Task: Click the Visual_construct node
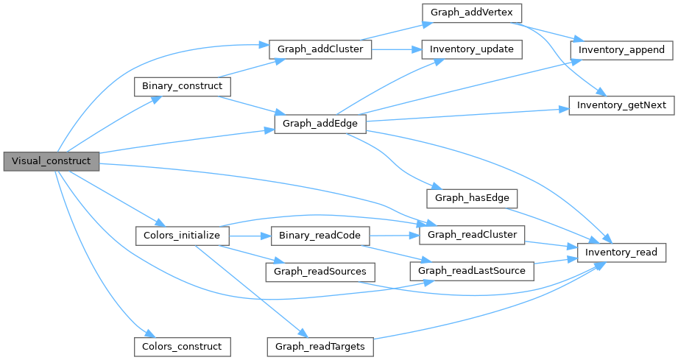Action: click(x=51, y=160)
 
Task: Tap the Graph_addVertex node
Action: click(x=471, y=13)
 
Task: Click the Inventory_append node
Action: click(x=621, y=49)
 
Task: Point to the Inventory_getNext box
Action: click(x=621, y=105)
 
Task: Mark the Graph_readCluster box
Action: click(x=472, y=235)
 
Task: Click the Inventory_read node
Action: click(x=621, y=253)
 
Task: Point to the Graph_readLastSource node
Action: click(x=472, y=271)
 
